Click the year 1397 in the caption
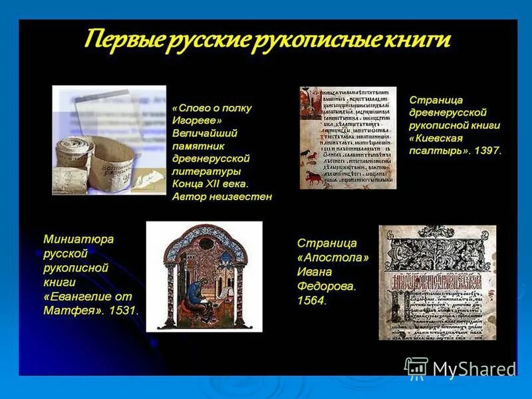[487, 151]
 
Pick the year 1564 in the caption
[312, 300]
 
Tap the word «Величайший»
[204, 133]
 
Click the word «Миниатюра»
[78, 238]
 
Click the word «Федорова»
[327, 286]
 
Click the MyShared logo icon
[416, 367]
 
